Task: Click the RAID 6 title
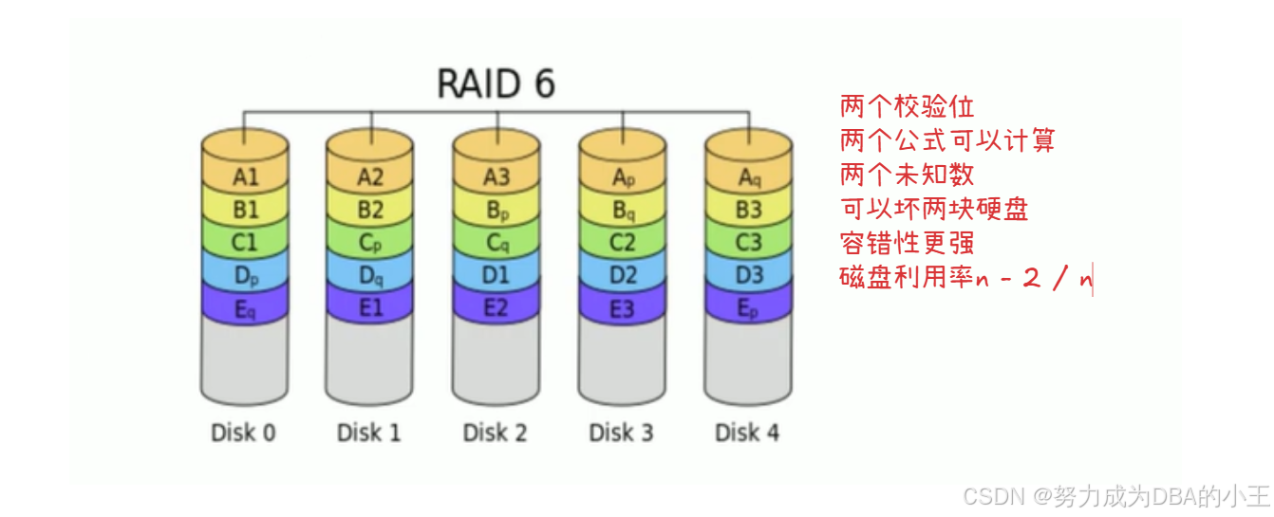[496, 83]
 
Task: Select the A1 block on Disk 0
[245, 176]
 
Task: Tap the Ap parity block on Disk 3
[623, 177]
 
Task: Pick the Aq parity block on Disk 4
[749, 177]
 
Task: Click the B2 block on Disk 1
[370, 210]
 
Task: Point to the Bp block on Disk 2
[496, 211]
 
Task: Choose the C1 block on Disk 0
[245, 243]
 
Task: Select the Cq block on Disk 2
[496, 243]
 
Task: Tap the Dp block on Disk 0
[245, 276]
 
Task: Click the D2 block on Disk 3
[623, 275]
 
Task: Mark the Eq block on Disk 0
[245, 309]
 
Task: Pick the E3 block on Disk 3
[623, 308]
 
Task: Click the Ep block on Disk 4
[749, 308]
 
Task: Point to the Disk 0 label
[243, 433]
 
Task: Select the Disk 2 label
[495, 433]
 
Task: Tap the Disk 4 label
[747, 433]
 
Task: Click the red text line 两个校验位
[907, 106]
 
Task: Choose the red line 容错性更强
[907, 243]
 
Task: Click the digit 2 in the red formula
[1031, 278]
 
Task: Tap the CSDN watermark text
[1116, 496]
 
